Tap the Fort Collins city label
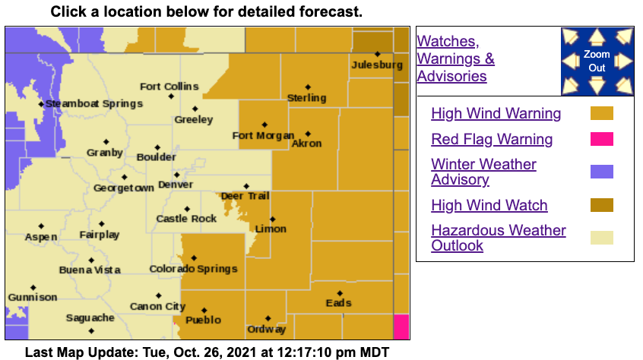point(169,87)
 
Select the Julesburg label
point(377,65)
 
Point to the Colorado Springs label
point(193,269)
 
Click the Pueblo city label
point(204,320)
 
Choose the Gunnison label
point(33,297)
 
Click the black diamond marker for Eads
point(340,292)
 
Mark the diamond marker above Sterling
point(308,87)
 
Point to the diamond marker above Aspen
point(41,226)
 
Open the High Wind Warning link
point(496,114)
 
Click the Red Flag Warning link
point(492,139)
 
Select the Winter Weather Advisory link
point(483,172)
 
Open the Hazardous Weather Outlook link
point(498,238)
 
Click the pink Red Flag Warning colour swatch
point(601,139)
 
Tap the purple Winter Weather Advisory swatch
point(601,172)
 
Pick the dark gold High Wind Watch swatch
point(601,205)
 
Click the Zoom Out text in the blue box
point(597,62)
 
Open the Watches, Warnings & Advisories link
point(455,58)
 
